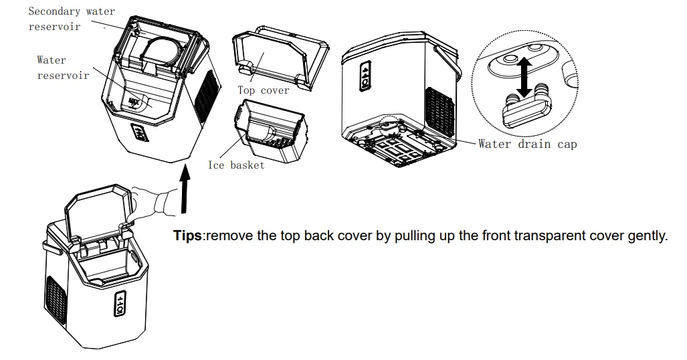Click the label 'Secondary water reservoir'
71,19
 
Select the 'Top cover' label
264,90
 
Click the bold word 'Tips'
189,238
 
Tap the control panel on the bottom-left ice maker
118,304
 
